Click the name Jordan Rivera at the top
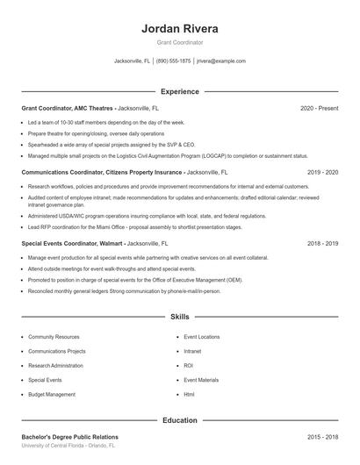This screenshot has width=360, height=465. coord(180,28)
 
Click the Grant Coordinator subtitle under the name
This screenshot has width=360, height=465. coord(180,42)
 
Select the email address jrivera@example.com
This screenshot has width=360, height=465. coord(220,61)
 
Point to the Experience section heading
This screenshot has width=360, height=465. coord(180,91)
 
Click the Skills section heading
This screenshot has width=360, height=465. coord(180,316)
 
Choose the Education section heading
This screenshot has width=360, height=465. coord(180,420)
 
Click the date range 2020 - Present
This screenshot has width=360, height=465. coord(319,108)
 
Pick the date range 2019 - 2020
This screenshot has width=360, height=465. coord(322,173)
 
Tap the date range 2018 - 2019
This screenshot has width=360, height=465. coord(322,243)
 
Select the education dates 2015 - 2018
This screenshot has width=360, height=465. coord(322,437)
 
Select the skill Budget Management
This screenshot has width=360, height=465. coord(52,395)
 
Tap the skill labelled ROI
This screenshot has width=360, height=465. coord(188,366)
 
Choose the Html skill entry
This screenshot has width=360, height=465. coord(189,395)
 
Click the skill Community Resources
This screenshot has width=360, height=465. coord(54,337)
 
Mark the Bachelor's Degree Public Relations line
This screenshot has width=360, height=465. coord(69,437)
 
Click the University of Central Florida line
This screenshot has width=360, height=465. coord(68,446)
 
